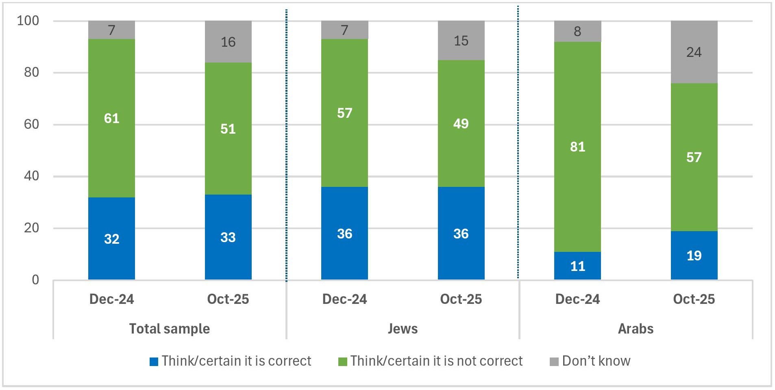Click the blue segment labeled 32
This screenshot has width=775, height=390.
click(x=111, y=238)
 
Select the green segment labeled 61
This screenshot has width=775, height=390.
click(x=111, y=118)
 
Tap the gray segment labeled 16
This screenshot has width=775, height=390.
click(x=228, y=42)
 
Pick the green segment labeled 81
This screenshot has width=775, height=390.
click(x=577, y=147)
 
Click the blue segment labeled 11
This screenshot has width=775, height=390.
click(x=577, y=266)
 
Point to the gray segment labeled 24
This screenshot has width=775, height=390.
click(x=694, y=52)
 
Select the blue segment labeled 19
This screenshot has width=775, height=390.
click(x=694, y=255)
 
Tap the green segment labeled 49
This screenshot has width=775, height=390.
click(x=461, y=123)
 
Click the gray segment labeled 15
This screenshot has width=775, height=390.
click(x=461, y=41)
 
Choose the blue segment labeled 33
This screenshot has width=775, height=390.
click(x=228, y=237)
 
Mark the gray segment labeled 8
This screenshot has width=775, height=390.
click(x=577, y=31)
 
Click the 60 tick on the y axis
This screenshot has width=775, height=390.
click(x=31, y=124)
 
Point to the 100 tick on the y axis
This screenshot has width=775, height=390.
click(x=28, y=21)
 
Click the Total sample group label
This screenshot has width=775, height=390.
click(x=170, y=328)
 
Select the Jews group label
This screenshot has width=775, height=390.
click(x=403, y=328)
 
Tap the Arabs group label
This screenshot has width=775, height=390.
click(x=636, y=328)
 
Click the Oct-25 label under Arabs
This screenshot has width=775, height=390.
click(x=694, y=299)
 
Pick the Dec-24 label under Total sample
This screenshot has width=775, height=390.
click(x=111, y=299)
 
